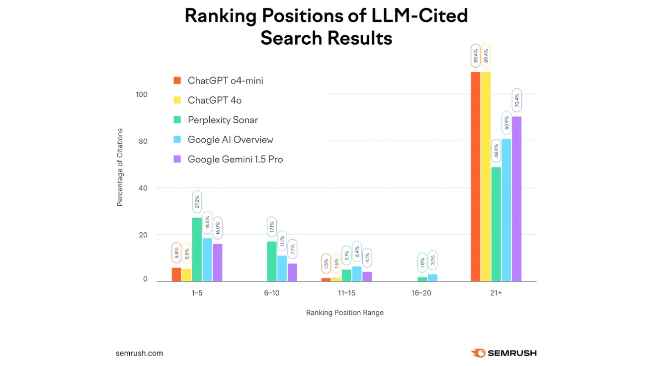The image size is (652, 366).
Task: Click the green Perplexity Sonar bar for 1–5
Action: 197,249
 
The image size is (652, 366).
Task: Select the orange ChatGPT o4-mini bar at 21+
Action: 476,177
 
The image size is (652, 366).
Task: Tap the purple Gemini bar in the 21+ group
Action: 517,199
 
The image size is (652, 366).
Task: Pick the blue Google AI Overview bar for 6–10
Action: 282,269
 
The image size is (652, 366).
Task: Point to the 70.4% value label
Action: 517,101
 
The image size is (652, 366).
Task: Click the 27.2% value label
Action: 197,202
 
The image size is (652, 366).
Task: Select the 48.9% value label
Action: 496,152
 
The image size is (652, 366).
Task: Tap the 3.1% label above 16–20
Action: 432,260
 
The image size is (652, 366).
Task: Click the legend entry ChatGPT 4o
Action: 214,100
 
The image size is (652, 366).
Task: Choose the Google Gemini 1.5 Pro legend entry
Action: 235,159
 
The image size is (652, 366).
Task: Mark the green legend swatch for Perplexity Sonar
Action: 177,120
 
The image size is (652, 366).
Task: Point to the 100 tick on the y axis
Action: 142,94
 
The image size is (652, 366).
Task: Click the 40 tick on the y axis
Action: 143,188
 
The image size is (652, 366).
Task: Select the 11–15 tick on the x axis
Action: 346,293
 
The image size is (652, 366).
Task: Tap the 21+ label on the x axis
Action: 496,293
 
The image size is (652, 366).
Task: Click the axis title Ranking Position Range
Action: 345,313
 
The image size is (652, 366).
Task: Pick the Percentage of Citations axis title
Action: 120,168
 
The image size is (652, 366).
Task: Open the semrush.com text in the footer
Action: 139,354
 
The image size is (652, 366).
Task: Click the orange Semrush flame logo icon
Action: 478,353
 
